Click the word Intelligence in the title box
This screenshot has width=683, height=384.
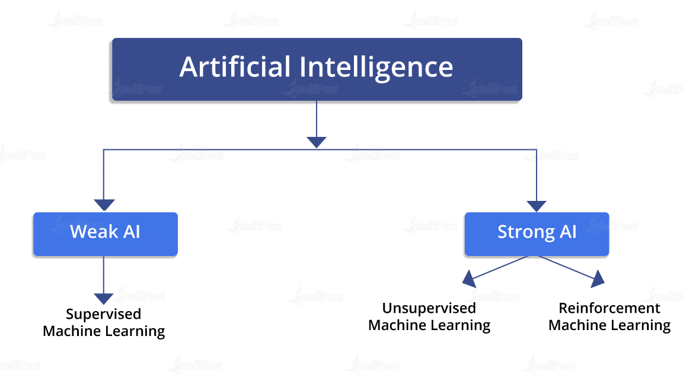coord(376,68)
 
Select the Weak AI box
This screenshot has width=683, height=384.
coord(105,233)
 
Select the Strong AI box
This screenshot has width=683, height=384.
coord(536,233)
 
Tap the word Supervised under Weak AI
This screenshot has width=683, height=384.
coord(104,314)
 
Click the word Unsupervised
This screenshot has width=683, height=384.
coord(429,309)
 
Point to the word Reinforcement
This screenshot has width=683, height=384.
coord(609,309)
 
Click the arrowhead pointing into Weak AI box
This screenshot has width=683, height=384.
coord(104,204)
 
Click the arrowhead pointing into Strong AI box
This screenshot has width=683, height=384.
coord(536,206)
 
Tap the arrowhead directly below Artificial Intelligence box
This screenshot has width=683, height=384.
coord(317,142)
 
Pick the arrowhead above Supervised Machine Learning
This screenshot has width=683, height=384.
coord(104,299)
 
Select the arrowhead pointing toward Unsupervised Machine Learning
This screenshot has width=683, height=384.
coord(469,277)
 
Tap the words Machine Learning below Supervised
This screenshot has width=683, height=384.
coord(104,331)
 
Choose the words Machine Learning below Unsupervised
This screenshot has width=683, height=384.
coord(429,325)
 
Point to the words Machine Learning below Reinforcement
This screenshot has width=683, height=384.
coord(609,325)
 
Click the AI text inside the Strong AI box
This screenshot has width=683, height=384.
coord(567,232)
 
